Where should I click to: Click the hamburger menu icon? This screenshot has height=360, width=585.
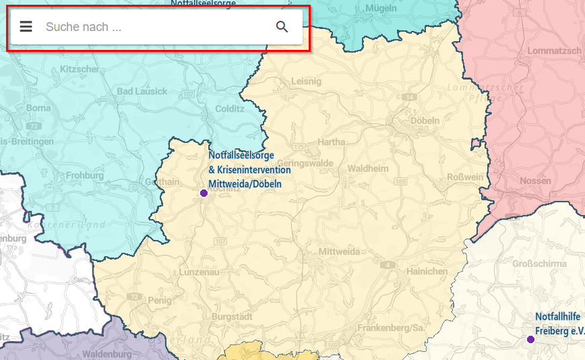tap(26, 27)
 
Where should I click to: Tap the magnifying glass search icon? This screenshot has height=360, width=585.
tap(282, 27)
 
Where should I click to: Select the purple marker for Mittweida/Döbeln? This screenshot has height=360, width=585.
tap(204, 193)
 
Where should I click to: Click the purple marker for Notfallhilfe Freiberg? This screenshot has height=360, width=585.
tap(530, 339)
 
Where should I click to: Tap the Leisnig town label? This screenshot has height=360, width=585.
tap(307, 81)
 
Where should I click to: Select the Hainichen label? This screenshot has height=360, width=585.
tap(427, 271)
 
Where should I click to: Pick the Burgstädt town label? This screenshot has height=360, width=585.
tap(232, 316)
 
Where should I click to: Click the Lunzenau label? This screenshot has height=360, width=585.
tap(200, 272)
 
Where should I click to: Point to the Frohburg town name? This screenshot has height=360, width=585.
tap(85, 175)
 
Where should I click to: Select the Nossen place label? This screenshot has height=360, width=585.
tap(535, 181)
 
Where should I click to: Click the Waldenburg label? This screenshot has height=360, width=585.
tap(106, 354)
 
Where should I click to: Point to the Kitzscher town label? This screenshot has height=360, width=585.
tap(80, 69)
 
